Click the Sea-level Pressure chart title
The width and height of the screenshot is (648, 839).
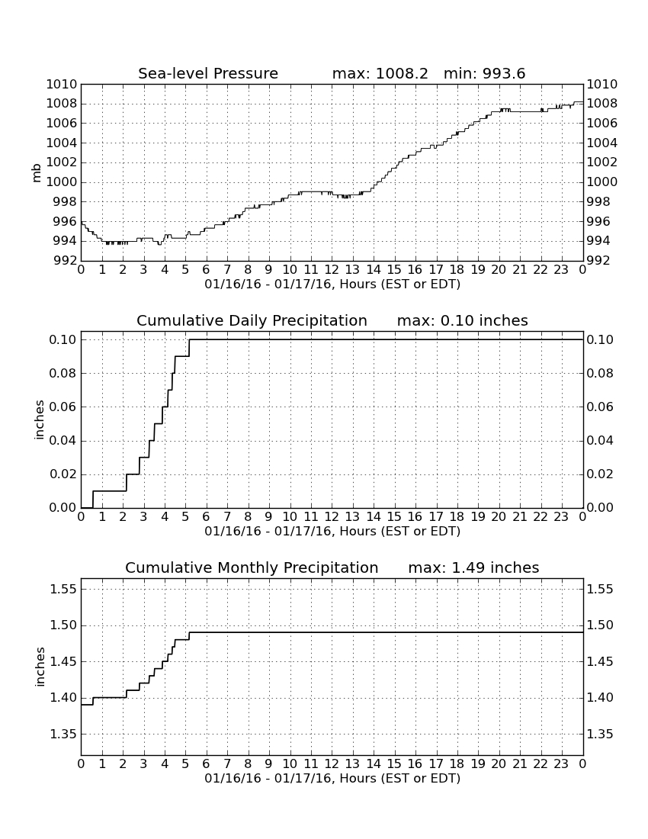(208, 73)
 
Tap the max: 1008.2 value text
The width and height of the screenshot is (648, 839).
(380, 73)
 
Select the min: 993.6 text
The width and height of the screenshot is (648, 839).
(484, 73)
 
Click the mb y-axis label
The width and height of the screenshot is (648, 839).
(37, 173)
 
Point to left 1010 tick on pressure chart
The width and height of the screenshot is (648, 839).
(62, 85)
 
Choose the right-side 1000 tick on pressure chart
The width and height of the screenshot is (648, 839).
(602, 182)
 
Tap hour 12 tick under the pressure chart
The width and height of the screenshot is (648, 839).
(332, 270)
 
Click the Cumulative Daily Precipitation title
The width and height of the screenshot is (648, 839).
(252, 320)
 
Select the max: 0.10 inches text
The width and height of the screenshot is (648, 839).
(463, 320)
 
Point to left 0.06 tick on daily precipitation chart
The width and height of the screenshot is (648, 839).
(63, 407)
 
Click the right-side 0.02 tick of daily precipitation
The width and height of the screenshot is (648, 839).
(600, 474)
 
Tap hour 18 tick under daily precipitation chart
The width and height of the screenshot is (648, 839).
(457, 517)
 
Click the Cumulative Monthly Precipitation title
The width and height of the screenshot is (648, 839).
(252, 567)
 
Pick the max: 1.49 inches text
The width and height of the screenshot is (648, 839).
(473, 567)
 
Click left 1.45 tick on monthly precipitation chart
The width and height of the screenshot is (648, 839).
(63, 662)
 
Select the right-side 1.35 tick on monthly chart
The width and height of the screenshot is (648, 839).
(600, 734)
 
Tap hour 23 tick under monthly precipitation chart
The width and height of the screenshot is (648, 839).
(561, 764)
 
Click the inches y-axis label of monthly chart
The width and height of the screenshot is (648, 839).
(40, 667)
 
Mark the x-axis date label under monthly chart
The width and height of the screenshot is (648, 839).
(332, 778)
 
